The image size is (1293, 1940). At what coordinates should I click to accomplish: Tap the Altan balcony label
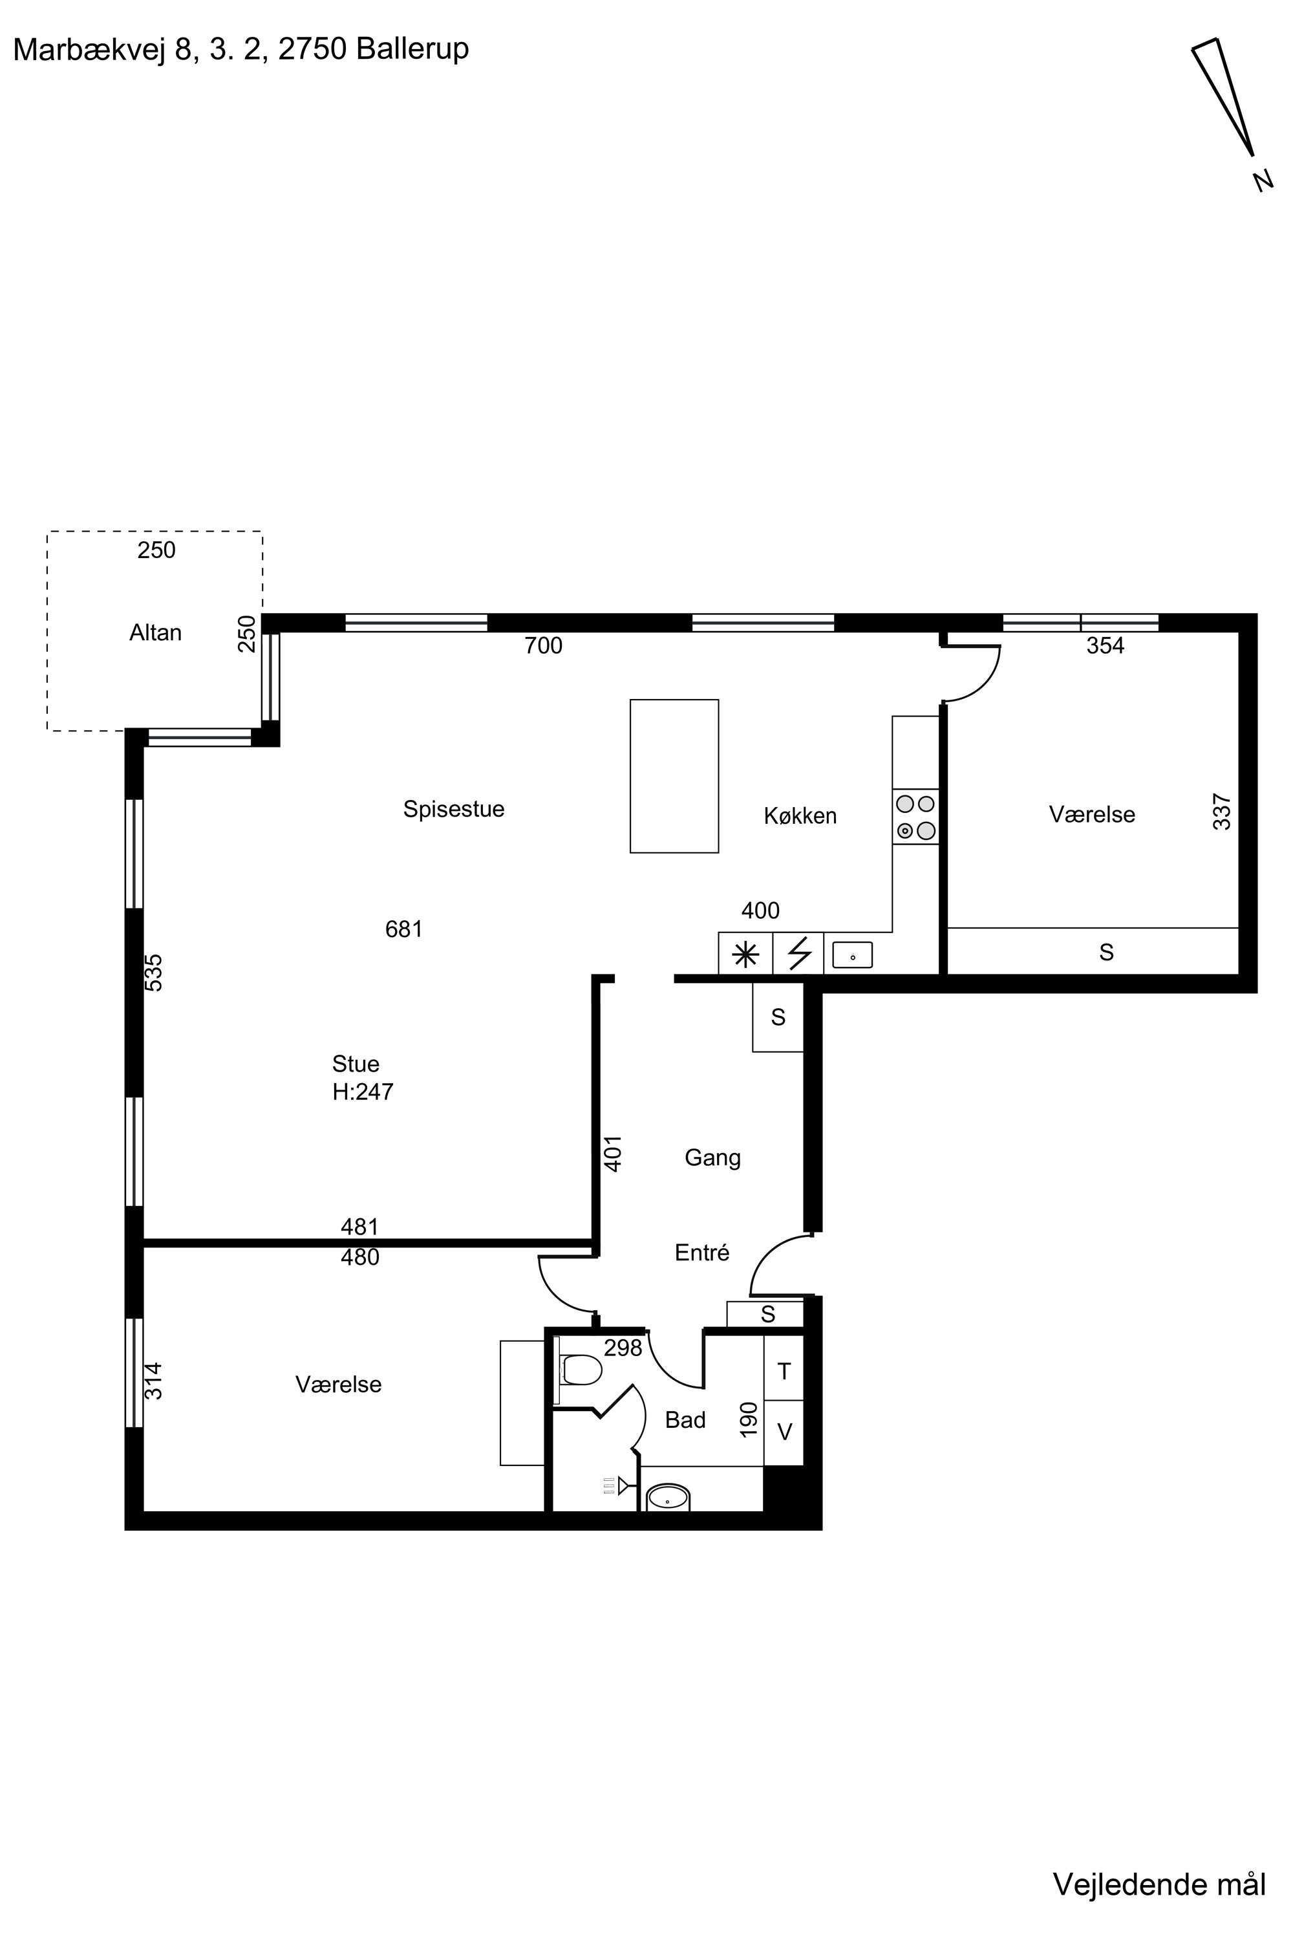155,632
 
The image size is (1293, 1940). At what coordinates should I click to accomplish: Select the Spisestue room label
454,809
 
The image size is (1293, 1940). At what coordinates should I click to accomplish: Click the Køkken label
800,815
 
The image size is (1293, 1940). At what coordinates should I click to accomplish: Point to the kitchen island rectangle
674,775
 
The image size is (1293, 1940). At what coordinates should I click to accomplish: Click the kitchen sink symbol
853,955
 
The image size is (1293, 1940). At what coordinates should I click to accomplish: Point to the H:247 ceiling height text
363,1092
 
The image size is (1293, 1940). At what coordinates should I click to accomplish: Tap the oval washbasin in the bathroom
668,1496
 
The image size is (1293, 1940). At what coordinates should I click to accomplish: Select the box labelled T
784,1371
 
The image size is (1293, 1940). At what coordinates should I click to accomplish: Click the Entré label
701,1253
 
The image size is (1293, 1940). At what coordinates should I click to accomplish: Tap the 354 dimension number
1105,646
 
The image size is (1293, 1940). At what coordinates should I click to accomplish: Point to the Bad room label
685,1420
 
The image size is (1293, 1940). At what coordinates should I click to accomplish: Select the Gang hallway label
712,1159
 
